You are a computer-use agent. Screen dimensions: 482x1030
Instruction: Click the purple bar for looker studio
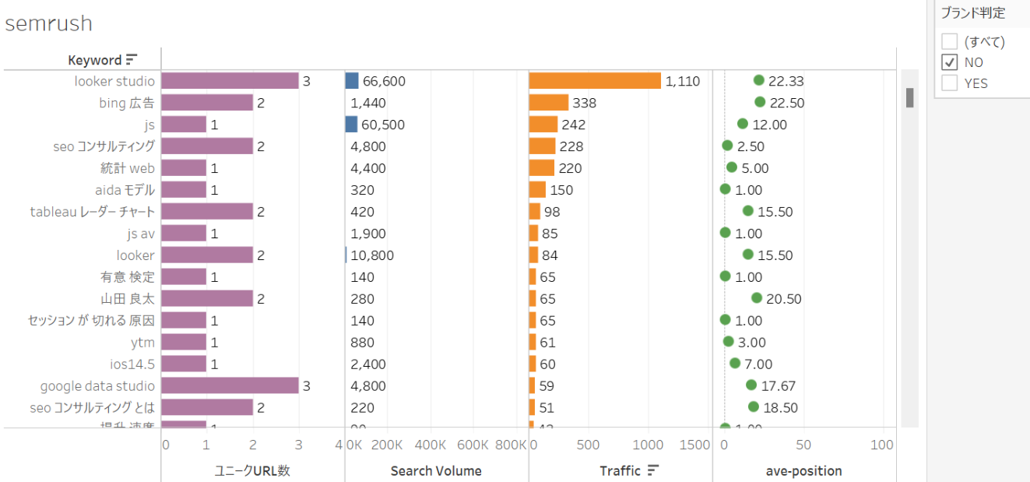[230, 81]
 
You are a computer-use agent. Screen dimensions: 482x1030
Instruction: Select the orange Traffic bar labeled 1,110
[595, 81]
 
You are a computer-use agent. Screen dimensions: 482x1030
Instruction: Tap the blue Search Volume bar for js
[351, 125]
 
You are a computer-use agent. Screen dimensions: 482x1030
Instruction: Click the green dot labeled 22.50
[760, 102]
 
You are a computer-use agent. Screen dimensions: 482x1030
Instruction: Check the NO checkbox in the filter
[949, 62]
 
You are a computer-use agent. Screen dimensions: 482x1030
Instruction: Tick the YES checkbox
[949, 83]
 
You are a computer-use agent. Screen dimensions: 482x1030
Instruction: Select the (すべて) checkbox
[949, 41]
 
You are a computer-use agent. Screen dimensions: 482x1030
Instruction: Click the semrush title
[48, 23]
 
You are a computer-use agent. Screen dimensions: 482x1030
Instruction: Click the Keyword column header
[94, 60]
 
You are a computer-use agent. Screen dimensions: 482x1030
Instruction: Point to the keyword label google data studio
[97, 386]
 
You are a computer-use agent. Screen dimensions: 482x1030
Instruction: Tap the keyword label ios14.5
[132, 364]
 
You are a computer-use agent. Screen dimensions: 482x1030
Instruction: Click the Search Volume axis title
[436, 470]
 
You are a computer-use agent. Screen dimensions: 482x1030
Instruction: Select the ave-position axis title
[803, 470]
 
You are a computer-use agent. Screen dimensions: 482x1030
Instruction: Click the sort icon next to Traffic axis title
[653, 470]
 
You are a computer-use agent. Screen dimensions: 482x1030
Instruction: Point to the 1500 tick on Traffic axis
[694, 445]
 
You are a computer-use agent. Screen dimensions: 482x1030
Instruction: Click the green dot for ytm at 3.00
[729, 342]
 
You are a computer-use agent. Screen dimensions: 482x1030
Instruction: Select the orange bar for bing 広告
[549, 103]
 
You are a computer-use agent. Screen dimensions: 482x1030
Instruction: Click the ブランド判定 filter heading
[972, 13]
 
